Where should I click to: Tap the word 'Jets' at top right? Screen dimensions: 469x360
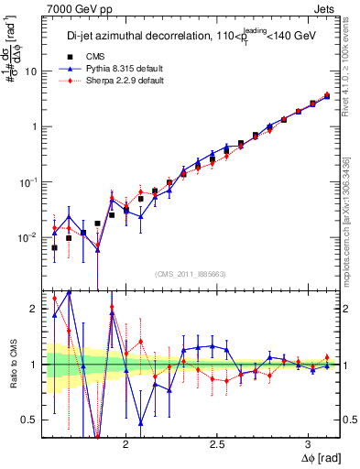click(326, 8)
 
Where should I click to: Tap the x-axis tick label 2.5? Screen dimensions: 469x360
click(217, 443)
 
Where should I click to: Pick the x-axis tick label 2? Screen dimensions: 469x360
click(126, 443)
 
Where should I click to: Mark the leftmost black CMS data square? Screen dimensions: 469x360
click(54, 247)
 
